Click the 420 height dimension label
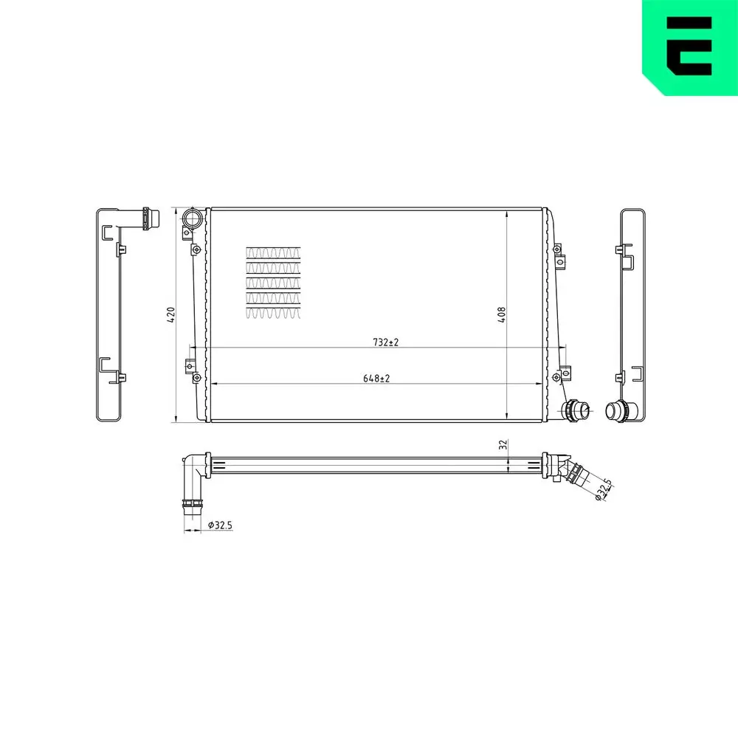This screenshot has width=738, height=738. (171, 315)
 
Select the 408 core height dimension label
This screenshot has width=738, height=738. (502, 315)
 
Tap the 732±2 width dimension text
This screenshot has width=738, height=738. (385, 342)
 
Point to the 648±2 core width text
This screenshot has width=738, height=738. (376, 378)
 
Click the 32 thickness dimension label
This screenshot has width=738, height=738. (503, 444)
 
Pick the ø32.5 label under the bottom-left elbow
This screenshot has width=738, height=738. (220, 525)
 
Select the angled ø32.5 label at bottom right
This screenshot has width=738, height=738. (603, 489)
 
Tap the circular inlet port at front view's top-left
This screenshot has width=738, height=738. (193, 218)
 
